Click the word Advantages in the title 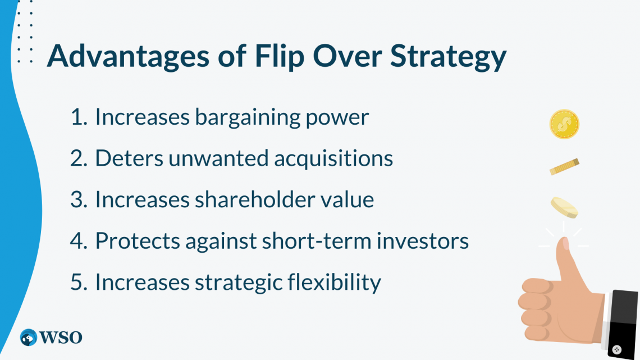128,56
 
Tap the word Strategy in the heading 448,56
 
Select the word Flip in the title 280,56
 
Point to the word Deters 129,158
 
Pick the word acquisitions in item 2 333,159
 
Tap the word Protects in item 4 138,241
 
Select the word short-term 316,241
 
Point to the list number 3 79,199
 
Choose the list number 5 79,282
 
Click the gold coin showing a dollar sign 564,124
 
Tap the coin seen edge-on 564,167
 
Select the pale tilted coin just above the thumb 564,207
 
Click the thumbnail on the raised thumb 565,243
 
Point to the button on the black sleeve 617,349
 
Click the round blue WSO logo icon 29,337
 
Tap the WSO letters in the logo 61,338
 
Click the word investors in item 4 422,241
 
